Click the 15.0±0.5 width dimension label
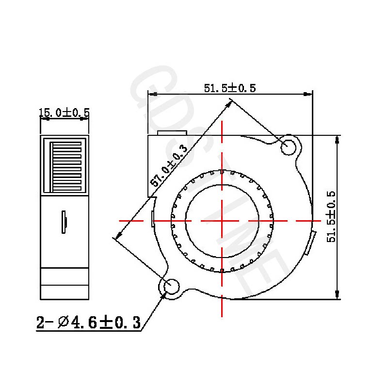pos(64,113)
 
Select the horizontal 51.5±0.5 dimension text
pos(229,88)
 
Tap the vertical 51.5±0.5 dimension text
pos(331,216)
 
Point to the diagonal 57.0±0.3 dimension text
pos(169,165)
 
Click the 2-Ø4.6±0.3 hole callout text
pos(89,323)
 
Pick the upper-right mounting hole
pos(289,147)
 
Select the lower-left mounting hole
pos(171,287)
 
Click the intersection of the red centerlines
pos(222,221)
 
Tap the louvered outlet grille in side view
pos(65,165)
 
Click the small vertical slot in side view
pos(64,222)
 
